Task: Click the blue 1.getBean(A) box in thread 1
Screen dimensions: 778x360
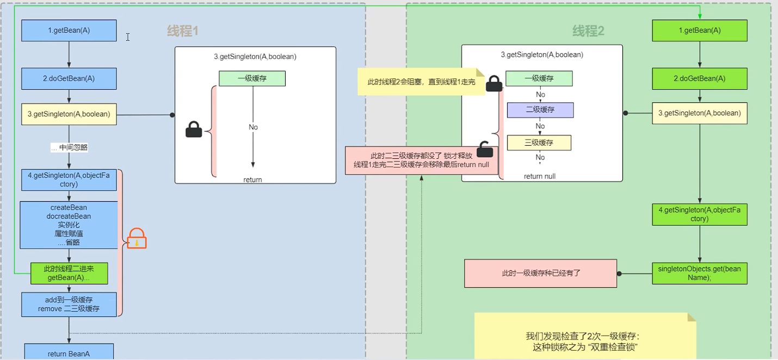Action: pos(69,30)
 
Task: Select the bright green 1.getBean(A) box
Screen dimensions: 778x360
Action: pos(700,30)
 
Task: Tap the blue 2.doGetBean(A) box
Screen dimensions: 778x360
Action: pos(69,78)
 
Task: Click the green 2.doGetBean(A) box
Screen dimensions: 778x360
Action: pos(700,78)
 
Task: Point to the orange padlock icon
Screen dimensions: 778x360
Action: pos(137,238)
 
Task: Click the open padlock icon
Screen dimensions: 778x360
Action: pos(485,150)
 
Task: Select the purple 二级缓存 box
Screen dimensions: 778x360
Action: pos(540,110)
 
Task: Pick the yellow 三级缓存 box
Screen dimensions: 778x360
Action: pos(539,142)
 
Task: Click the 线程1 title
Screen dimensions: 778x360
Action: pos(183,31)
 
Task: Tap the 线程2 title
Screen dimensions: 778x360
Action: pos(588,31)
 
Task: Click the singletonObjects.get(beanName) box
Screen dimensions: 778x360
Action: pos(700,273)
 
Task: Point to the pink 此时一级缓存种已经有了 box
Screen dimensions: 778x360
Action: pos(540,273)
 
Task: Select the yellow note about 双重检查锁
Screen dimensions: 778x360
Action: pos(585,336)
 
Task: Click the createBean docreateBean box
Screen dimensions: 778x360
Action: pos(69,225)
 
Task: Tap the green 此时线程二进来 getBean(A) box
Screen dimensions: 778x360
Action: pos(69,273)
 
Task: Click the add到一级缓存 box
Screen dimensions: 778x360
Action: pos(69,305)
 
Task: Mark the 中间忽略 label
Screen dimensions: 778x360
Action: pos(69,147)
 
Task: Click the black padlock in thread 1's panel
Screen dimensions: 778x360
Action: pos(194,129)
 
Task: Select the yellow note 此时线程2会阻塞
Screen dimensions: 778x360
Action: pos(421,82)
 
